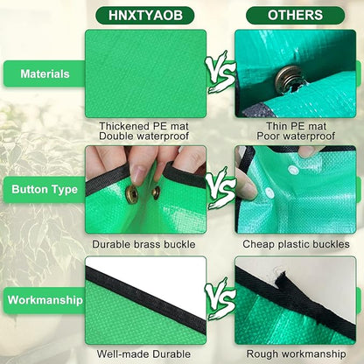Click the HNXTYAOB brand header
[x=145, y=15]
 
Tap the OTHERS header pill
[x=295, y=15]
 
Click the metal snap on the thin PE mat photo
[x=283, y=80]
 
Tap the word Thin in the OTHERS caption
[x=268, y=125]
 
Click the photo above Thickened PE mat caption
[x=145, y=73]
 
